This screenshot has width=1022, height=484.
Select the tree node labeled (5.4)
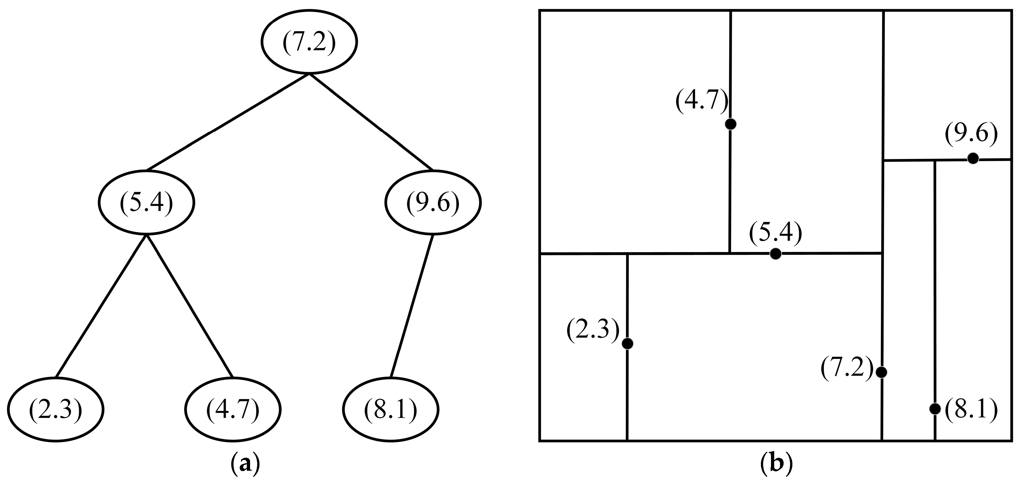146,202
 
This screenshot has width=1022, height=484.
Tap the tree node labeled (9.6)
433,202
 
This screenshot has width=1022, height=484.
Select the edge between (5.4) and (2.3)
101,306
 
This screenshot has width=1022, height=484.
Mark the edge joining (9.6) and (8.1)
412,306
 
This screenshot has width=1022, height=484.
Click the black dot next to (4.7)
730,124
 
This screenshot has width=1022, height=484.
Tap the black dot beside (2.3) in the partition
627,344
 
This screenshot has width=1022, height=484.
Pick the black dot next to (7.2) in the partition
881,372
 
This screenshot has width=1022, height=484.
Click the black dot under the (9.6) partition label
972,158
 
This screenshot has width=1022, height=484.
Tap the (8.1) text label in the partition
971,411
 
